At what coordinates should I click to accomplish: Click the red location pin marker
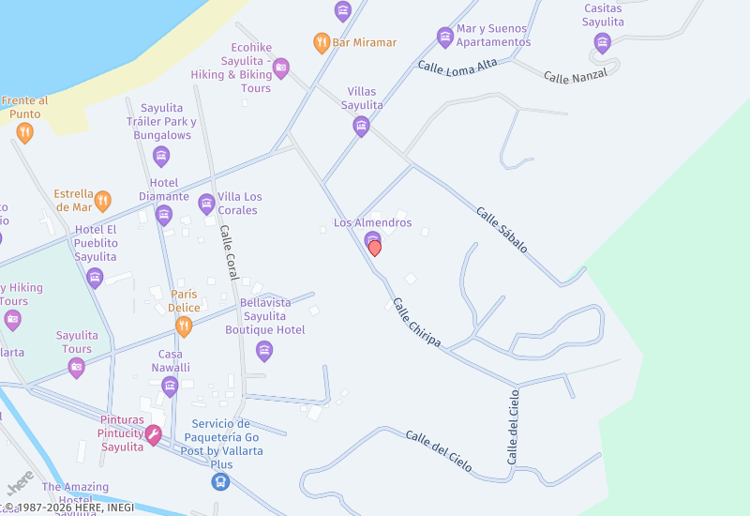point(375,248)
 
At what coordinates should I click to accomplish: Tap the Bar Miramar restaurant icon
point(322,42)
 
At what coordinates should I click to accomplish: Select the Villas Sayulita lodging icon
point(361,126)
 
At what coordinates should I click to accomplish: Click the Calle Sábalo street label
point(502,230)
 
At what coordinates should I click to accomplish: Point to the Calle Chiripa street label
point(417,323)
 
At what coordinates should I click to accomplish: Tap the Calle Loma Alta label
point(457,67)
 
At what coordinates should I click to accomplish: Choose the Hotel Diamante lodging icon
point(164,216)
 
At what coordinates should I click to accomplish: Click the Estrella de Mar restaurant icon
point(103,200)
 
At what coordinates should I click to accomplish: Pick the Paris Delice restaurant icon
point(184,326)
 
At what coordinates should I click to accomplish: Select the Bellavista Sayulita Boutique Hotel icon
point(264,351)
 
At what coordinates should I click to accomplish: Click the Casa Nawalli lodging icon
point(170,387)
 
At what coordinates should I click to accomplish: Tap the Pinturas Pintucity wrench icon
point(153,434)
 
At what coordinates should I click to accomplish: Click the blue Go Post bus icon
point(219,481)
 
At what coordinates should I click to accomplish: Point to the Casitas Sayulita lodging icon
point(602,42)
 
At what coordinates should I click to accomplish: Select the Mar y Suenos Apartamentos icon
point(445,37)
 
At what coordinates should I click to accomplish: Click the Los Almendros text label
point(372,222)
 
